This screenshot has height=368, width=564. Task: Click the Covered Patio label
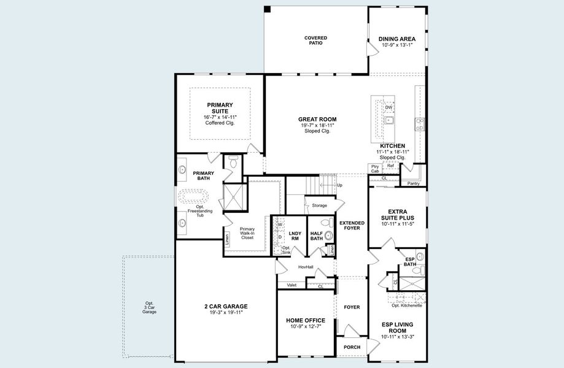click(315, 40)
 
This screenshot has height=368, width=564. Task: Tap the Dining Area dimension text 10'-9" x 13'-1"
click(397, 45)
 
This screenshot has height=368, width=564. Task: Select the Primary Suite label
click(220, 108)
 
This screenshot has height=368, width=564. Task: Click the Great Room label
click(317, 119)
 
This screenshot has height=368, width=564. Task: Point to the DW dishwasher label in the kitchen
click(388, 107)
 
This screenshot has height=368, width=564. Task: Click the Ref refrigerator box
click(390, 166)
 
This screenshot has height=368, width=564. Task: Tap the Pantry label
click(413, 183)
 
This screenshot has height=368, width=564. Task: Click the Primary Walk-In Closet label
click(247, 233)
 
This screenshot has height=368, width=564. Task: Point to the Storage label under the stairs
click(319, 205)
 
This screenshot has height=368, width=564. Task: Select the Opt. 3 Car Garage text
click(149, 307)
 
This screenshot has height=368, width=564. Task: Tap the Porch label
click(352, 347)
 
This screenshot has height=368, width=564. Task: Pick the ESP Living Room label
click(397, 328)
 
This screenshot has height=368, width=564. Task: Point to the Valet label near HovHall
click(292, 285)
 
